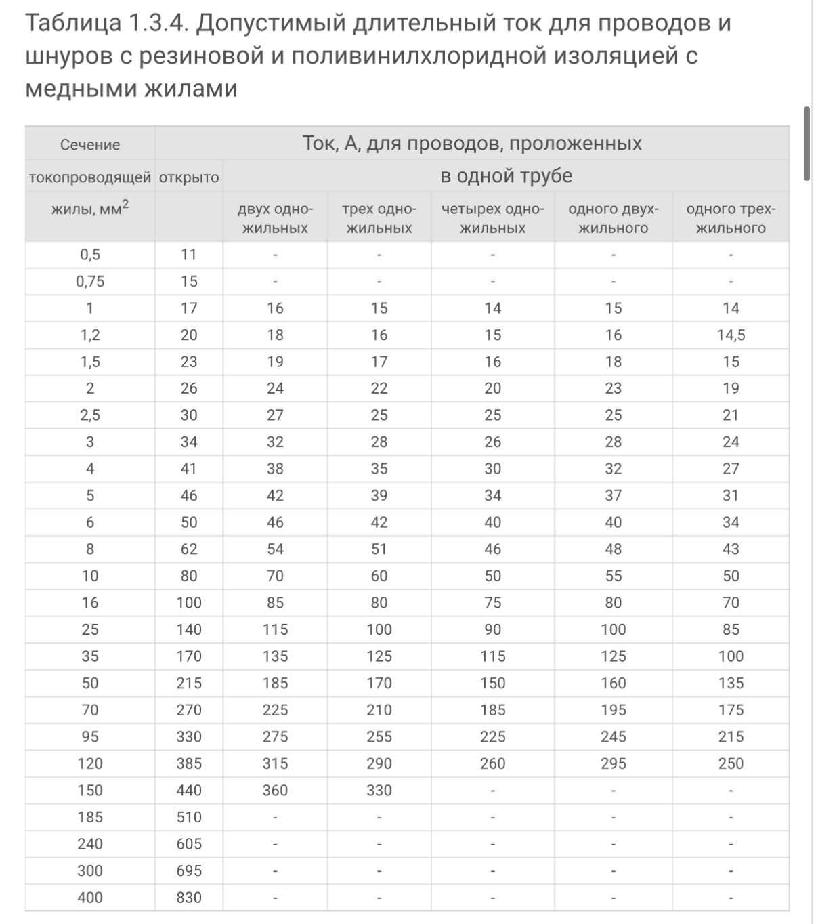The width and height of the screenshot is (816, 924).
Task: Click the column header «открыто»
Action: click(189, 177)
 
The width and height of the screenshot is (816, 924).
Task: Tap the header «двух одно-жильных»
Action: click(275, 219)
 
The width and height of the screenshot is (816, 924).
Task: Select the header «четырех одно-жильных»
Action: click(492, 219)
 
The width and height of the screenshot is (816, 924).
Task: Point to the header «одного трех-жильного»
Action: click(731, 219)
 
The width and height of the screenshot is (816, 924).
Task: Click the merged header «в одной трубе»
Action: click(506, 176)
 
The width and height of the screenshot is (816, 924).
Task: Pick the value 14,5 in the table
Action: click(731, 335)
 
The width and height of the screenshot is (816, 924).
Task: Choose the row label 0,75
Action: click(90, 282)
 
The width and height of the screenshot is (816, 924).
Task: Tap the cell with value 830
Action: click(189, 898)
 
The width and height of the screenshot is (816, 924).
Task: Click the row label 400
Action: click(90, 898)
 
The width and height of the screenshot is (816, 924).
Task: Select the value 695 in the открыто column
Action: click(189, 871)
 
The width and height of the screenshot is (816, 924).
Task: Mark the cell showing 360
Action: click(275, 791)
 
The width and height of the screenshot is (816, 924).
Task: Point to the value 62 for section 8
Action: click(189, 549)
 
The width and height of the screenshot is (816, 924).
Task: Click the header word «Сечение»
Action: click(90, 145)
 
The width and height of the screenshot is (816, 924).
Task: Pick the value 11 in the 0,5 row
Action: click(189, 255)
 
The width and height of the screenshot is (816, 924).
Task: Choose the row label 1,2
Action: click(90, 335)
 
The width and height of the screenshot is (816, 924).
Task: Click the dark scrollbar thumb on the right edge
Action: click(807, 144)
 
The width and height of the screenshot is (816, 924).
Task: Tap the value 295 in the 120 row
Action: click(613, 764)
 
